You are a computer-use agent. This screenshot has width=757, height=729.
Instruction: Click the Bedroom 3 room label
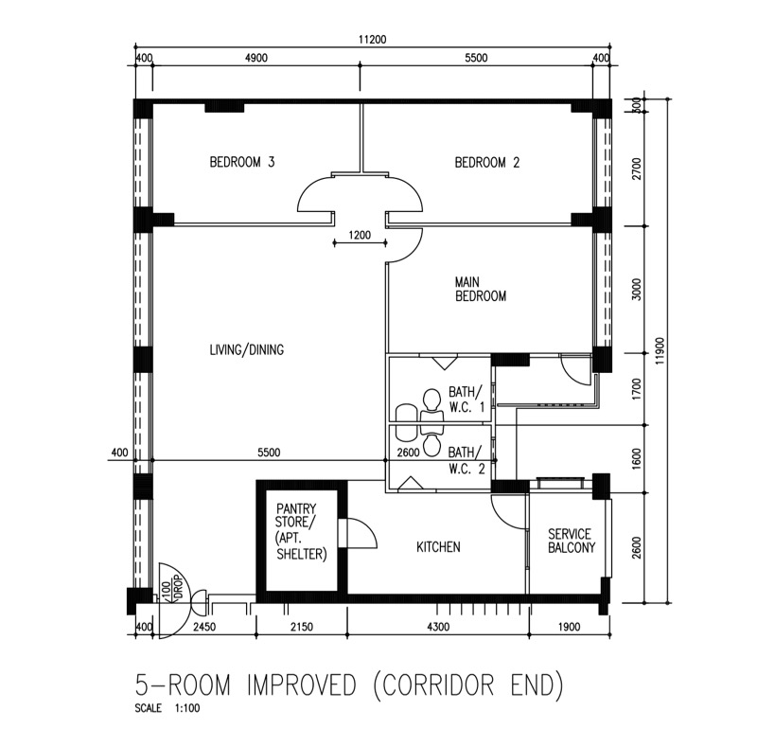click(242, 162)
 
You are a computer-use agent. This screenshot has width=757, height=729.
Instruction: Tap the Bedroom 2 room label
click(487, 162)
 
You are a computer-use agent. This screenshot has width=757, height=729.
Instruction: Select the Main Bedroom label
click(481, 289)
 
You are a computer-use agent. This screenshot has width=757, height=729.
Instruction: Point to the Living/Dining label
click(247, 349)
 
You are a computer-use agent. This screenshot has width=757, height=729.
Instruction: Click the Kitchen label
click(438, 547)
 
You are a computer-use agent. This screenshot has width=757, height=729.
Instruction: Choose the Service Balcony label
click(572, 541)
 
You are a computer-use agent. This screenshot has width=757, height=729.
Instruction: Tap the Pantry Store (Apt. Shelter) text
click(301, 531)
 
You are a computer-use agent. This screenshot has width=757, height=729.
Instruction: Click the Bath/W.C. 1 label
click(467, 399)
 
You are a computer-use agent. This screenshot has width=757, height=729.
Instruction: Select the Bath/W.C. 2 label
click(467, 460)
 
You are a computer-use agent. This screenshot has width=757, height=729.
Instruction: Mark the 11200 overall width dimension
click(372, 39)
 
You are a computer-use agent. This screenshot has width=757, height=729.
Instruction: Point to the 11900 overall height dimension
click(660, 351)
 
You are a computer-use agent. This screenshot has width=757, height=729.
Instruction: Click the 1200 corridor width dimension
click(360, 236)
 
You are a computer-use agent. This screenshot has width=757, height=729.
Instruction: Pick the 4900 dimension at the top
click(255, 58)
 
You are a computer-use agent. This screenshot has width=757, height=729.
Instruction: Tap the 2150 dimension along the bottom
click(301, 627)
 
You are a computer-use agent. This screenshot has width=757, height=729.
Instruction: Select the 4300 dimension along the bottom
click(438, 627)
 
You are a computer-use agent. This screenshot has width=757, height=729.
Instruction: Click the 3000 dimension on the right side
click(637, 290)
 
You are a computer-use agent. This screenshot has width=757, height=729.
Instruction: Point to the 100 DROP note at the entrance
click(171, 590)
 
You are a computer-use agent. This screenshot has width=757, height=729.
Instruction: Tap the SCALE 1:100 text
click(167, 708)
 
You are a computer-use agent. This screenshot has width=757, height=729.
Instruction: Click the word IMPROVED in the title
click(302, 685)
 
